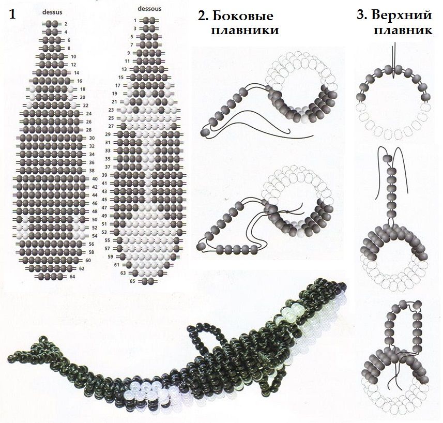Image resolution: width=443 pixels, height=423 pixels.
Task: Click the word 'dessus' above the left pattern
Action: tap(52, 12)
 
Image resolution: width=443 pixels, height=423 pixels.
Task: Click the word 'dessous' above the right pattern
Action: tap(149, 9)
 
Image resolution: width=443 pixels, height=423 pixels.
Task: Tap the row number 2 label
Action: tap(66, 24)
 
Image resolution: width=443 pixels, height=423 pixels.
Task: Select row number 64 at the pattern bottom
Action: tap(72, 277)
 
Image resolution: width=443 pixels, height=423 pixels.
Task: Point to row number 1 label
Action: tap(135, 20)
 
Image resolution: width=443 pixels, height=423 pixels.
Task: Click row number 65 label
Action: tap(132, 281)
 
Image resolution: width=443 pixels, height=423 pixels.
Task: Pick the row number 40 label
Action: tap(95, 179)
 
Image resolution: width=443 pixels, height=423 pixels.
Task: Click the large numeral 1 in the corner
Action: tap(12, 14)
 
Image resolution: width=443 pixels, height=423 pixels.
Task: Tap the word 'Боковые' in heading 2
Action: tap(242, 16)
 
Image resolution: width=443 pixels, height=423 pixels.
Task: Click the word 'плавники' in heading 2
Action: tap(245, 30)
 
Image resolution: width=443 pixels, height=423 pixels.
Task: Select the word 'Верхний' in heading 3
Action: tap(402, 15)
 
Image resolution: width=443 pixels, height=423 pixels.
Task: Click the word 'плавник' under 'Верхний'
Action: tap(403, 30)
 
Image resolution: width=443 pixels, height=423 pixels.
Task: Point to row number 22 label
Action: tap(86, 105)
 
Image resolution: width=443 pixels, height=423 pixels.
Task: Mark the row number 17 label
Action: tap(118, 86)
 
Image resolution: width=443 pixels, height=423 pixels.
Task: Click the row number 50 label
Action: tap(95, 220)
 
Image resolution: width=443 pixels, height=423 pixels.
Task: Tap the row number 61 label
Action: tap(117, 265)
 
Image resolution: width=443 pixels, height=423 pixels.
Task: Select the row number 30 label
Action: tap(92, 138)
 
